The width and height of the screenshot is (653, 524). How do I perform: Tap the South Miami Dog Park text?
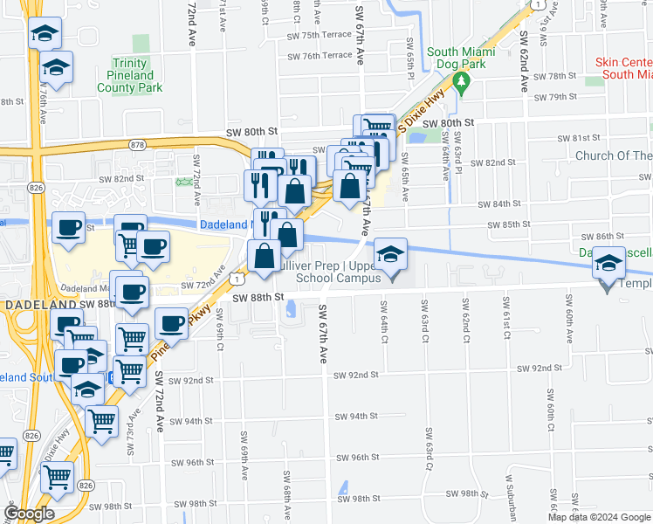(x=462, y=58)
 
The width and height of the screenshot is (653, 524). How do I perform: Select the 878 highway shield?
(x=136, y=143)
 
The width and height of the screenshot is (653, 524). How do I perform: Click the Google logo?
(x=29, y=514)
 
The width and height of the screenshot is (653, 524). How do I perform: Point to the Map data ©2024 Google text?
(x=600, y=517)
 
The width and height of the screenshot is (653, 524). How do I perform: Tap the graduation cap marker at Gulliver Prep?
(x=391, y=256)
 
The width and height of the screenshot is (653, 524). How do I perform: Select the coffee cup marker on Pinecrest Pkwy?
(x=171, y=324)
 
